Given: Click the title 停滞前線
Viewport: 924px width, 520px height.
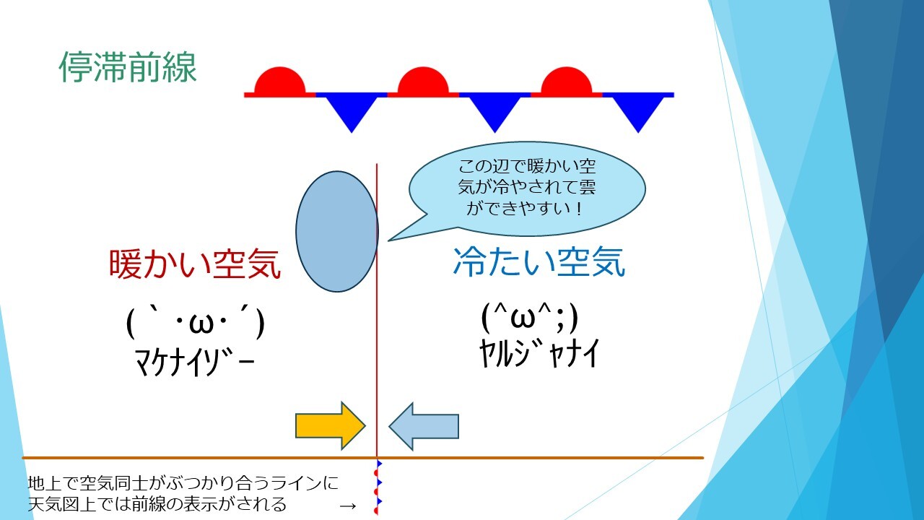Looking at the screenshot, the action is (128, 67).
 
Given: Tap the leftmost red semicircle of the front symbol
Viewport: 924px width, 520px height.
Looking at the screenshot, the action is (279, 82).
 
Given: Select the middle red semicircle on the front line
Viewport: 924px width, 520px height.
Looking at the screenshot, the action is (423, 82).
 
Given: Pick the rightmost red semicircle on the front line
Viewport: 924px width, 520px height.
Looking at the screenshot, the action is (567, 82).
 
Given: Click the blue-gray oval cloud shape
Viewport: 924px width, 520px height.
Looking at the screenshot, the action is (336, 232).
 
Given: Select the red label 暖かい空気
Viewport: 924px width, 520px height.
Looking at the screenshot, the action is (195, 264).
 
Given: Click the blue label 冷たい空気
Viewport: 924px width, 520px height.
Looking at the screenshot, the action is (539, 261).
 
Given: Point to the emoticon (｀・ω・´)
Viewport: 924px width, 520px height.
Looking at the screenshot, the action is (195, 322).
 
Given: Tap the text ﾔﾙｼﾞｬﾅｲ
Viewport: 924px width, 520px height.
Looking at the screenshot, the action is (539, 354).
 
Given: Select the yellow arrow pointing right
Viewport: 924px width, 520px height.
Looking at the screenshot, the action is (331, 426).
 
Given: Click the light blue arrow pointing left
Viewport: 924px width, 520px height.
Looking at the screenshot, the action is (424, 426).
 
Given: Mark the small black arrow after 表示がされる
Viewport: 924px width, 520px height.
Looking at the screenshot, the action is (348, 506).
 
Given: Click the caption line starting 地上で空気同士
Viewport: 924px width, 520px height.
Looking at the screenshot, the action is (183, 483).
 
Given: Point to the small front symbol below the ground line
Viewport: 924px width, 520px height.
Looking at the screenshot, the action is (377, 486).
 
